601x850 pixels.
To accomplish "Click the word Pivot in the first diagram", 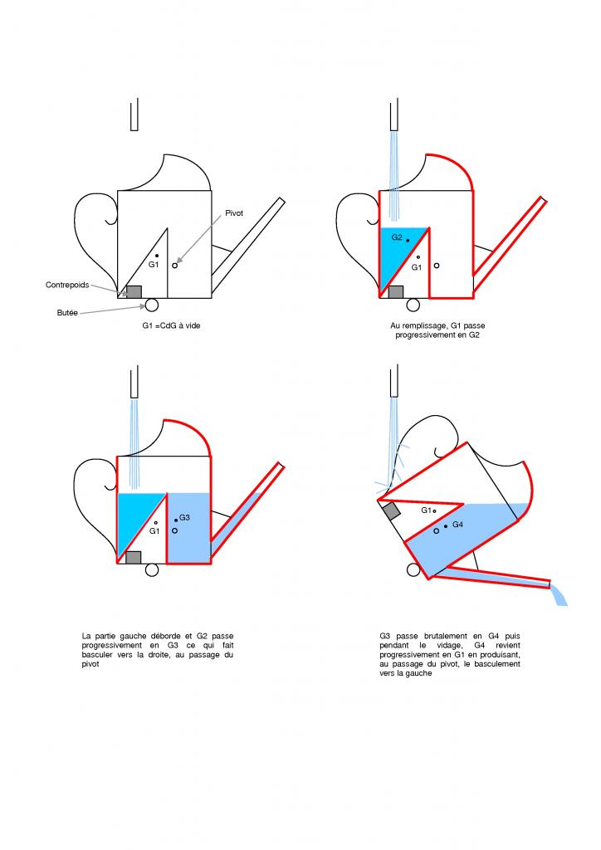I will tap(234, 213).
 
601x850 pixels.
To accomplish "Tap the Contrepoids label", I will tap(66, 285).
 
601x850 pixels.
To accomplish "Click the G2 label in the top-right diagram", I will tap(397, 237).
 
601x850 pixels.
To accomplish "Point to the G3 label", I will tap(184, 517).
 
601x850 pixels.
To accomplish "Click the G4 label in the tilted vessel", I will tap(457, 525).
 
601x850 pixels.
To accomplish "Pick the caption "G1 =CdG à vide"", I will tap(171, 325).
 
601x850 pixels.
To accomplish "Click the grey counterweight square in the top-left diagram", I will tap(133, 291).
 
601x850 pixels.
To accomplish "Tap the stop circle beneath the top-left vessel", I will tap(152, 305).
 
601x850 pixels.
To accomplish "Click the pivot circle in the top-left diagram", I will tap(175, 266).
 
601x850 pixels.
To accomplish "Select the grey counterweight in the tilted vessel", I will tap(391, 511).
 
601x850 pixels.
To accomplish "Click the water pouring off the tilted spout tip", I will tap(559, 594).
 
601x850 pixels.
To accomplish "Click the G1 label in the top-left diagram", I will tap(153, 265).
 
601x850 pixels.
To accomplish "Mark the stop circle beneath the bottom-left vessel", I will tap(152, 569).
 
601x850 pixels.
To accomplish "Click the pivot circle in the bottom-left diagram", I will tap(174, 530).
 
